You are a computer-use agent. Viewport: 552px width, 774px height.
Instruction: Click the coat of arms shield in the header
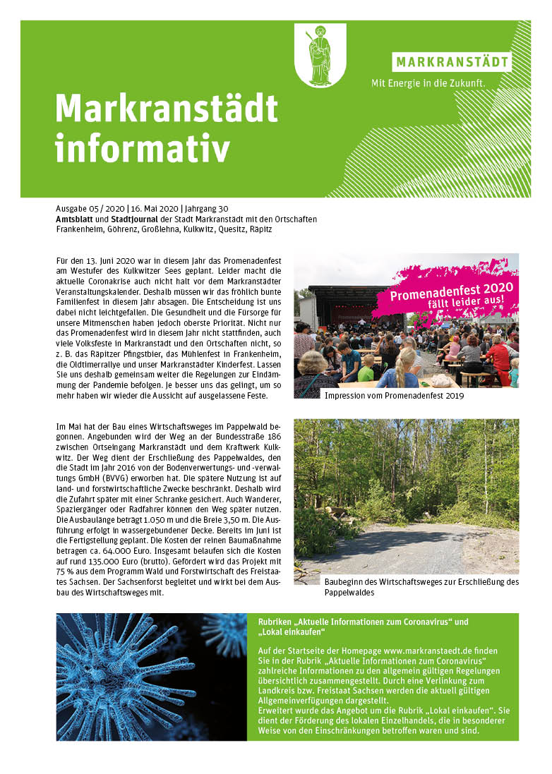pyautogui.click(x=320, y=54)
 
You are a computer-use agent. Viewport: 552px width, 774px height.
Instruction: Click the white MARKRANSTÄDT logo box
pyautogui.click(x=452, y=62)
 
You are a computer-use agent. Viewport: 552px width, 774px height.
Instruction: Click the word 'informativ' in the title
pyautogui.click(x=143, y=149)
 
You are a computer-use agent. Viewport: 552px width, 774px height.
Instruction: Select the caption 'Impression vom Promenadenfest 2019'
pyautogui.click(x=394, y=396)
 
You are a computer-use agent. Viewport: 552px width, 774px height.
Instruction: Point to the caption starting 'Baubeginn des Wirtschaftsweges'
pyautogui.click(x=421, y=582)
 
